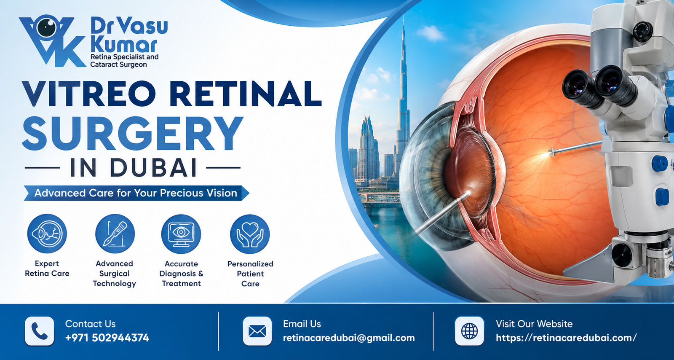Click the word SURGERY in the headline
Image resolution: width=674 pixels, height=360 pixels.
(132, 133)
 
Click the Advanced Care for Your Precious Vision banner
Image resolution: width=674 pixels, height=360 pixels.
(136, 193)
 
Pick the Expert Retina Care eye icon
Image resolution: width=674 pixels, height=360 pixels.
(47, 234)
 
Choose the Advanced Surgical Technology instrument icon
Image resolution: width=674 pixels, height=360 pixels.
(115, 234)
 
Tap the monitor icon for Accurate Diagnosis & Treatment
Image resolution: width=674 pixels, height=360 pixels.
(181, 234)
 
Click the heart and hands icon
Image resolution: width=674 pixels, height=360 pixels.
(250, 234)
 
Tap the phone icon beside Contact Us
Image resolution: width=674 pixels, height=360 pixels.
(40, 331)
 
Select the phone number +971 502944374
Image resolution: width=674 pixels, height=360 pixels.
(107, 338)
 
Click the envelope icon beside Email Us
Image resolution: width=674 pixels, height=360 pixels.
(257, 331)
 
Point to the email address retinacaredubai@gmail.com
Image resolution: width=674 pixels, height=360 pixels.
(349, 338)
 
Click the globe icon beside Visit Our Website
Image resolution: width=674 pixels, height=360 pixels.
(469, 331)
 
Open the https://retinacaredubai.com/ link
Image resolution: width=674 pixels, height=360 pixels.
(566, 338)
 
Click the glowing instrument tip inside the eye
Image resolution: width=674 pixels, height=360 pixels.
(549, 153)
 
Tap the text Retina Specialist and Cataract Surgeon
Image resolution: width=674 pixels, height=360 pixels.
(124, 61)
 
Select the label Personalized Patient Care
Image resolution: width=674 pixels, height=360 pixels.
(250, 274)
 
